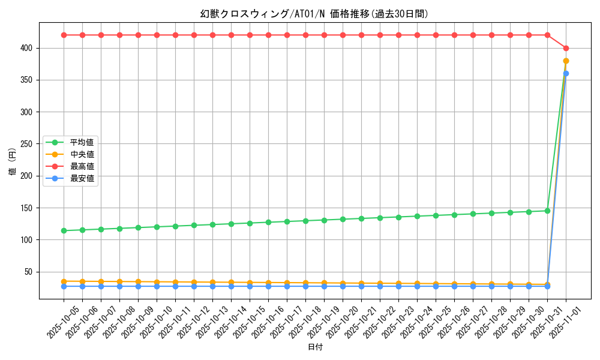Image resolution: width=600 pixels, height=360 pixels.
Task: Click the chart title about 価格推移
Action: click(314, 14)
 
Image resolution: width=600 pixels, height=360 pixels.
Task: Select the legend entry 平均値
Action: click(82, 142)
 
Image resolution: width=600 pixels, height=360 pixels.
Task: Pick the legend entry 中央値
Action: click(82, 154)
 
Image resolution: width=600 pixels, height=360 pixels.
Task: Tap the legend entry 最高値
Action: click(82, 166)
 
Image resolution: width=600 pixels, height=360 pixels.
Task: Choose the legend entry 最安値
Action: click(82, 178)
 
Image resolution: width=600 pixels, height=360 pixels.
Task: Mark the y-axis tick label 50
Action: click(29, 272)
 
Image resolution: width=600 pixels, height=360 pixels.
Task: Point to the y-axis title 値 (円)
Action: click(12, 162)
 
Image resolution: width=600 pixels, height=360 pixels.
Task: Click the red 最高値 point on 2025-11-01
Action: click(566, 48)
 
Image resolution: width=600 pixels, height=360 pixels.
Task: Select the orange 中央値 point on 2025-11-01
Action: click(566, 61)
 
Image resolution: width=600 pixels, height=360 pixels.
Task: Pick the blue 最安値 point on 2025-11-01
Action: click(566, 73)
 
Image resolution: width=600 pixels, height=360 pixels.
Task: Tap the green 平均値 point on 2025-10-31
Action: click(547, 211)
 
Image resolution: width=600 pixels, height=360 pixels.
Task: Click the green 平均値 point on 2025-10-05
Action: click(64, 230)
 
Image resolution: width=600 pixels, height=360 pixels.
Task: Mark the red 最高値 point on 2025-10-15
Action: click(250, 35)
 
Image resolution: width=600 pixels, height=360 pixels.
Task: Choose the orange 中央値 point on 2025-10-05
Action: click(64, 281)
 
